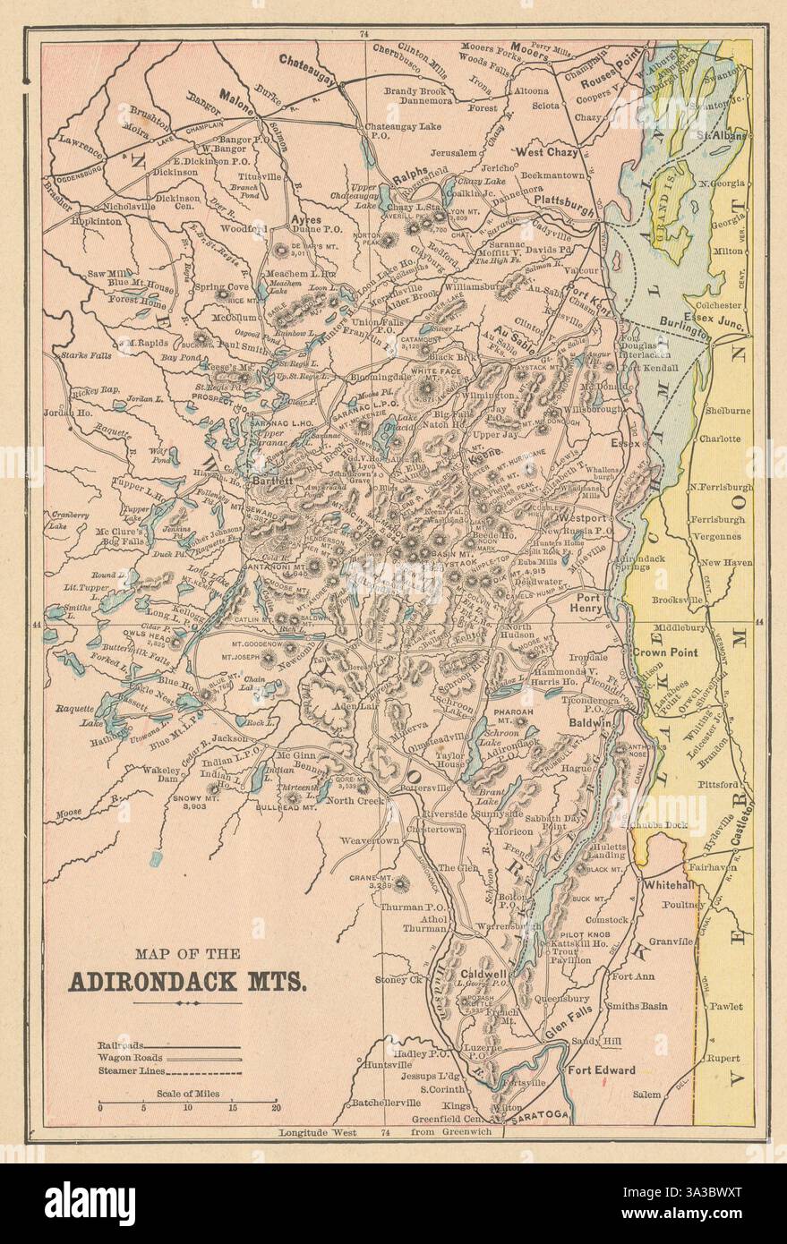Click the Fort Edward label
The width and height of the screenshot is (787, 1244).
point(601,1069)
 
